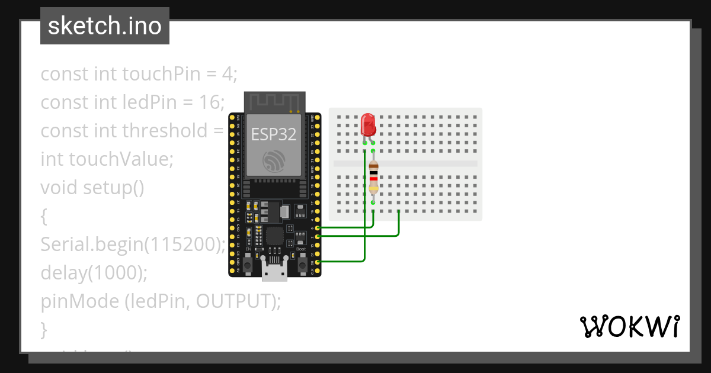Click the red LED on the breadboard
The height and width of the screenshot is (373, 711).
(x=368, y=125)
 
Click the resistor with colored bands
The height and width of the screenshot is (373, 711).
(x=373, y=176)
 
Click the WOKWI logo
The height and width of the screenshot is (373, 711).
(x=629, y=326)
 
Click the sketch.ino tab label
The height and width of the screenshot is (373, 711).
(x=105, y=26)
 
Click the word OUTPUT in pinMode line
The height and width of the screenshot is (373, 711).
(x=233, y=301)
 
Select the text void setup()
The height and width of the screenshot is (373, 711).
(x=92, y=188)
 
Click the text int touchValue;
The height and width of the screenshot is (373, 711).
(x=107, y=159)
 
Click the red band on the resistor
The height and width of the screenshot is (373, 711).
(x=373, y=179)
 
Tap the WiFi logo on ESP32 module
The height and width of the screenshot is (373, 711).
(x=274, y=161)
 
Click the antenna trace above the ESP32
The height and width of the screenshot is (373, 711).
(x=276, y=101)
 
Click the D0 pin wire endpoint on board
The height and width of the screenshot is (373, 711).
(x=318, y=261)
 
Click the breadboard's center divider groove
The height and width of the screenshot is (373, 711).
(x=405, y=163)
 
